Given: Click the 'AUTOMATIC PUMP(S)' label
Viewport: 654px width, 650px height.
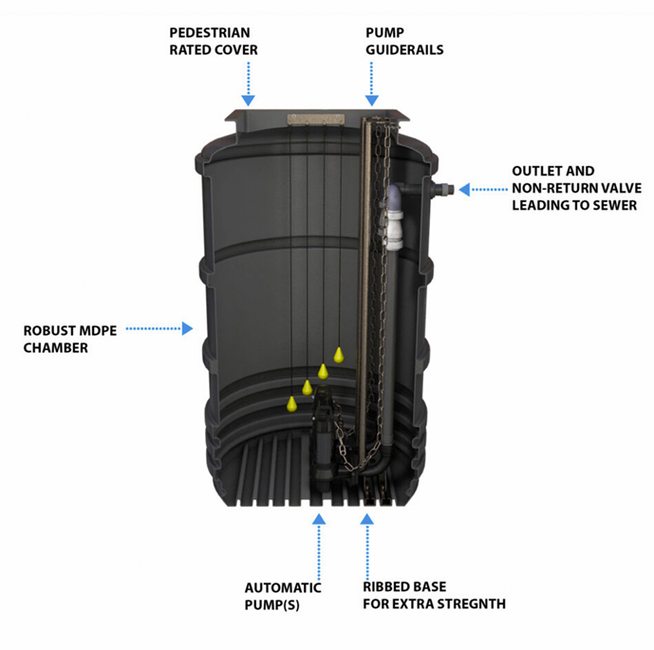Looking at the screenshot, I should click(283, 595).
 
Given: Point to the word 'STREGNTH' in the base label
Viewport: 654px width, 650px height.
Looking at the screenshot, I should click(470, 604).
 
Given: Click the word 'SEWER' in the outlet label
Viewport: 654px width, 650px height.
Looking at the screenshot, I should click(611, 205).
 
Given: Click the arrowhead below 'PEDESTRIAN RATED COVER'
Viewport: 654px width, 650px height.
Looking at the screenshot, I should click(249, 99).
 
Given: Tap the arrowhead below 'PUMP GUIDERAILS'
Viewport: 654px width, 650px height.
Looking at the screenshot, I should click(371, 99).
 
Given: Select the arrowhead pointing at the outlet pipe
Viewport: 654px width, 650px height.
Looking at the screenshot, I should click(464, 190).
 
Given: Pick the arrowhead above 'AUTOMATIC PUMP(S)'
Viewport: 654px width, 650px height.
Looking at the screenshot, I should click(319, 519).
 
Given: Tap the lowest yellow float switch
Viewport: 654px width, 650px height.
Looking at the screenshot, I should click(291, 403).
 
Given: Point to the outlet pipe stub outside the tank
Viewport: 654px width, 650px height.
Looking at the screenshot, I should click(443, 189).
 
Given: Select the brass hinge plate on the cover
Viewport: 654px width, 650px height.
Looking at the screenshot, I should click(314, 121).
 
